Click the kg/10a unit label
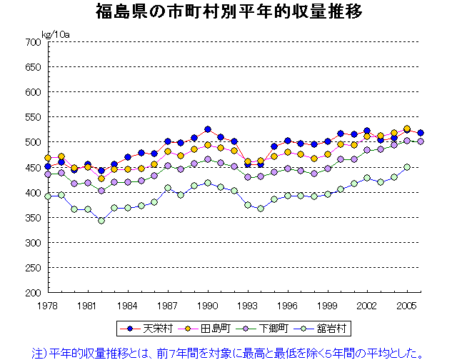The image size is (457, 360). click(x=55, y=34)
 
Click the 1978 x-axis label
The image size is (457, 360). click(x=48, y=306)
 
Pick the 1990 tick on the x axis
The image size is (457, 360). click(x=208, y=306)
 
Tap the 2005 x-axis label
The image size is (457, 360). click(x=407, y=306)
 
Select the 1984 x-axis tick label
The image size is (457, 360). click(x=128, y=306)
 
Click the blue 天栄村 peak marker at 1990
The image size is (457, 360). click(x=208, y=130)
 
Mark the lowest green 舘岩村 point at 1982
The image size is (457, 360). click(x=101, y=220)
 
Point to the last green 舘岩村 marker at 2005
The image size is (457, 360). click(x=407, y=167)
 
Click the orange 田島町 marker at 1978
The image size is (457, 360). click(x=48, y=158)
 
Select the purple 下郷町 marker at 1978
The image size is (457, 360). click(x=48, y=174)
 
